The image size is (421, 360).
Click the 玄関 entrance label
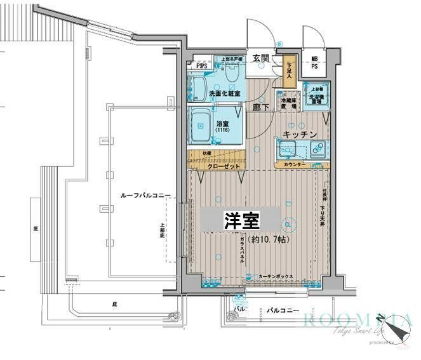pyautogui.click(x=261, y=58)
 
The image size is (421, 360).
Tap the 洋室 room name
pyautogui.click(x=241, y=221)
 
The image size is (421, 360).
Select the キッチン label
pyautogui.click(x=300, y=134)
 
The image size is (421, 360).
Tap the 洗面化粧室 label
pyautogui.click(x=224, y=94)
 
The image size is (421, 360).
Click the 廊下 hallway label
pyautogui.click(x=259, y=107)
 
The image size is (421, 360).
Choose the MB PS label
pyautogui.click(x=314, y=63)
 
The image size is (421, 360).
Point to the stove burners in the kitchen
pyautogui.click(x=316, y=150)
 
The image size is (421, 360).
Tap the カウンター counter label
pyautogui.click(x=294, y=165)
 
